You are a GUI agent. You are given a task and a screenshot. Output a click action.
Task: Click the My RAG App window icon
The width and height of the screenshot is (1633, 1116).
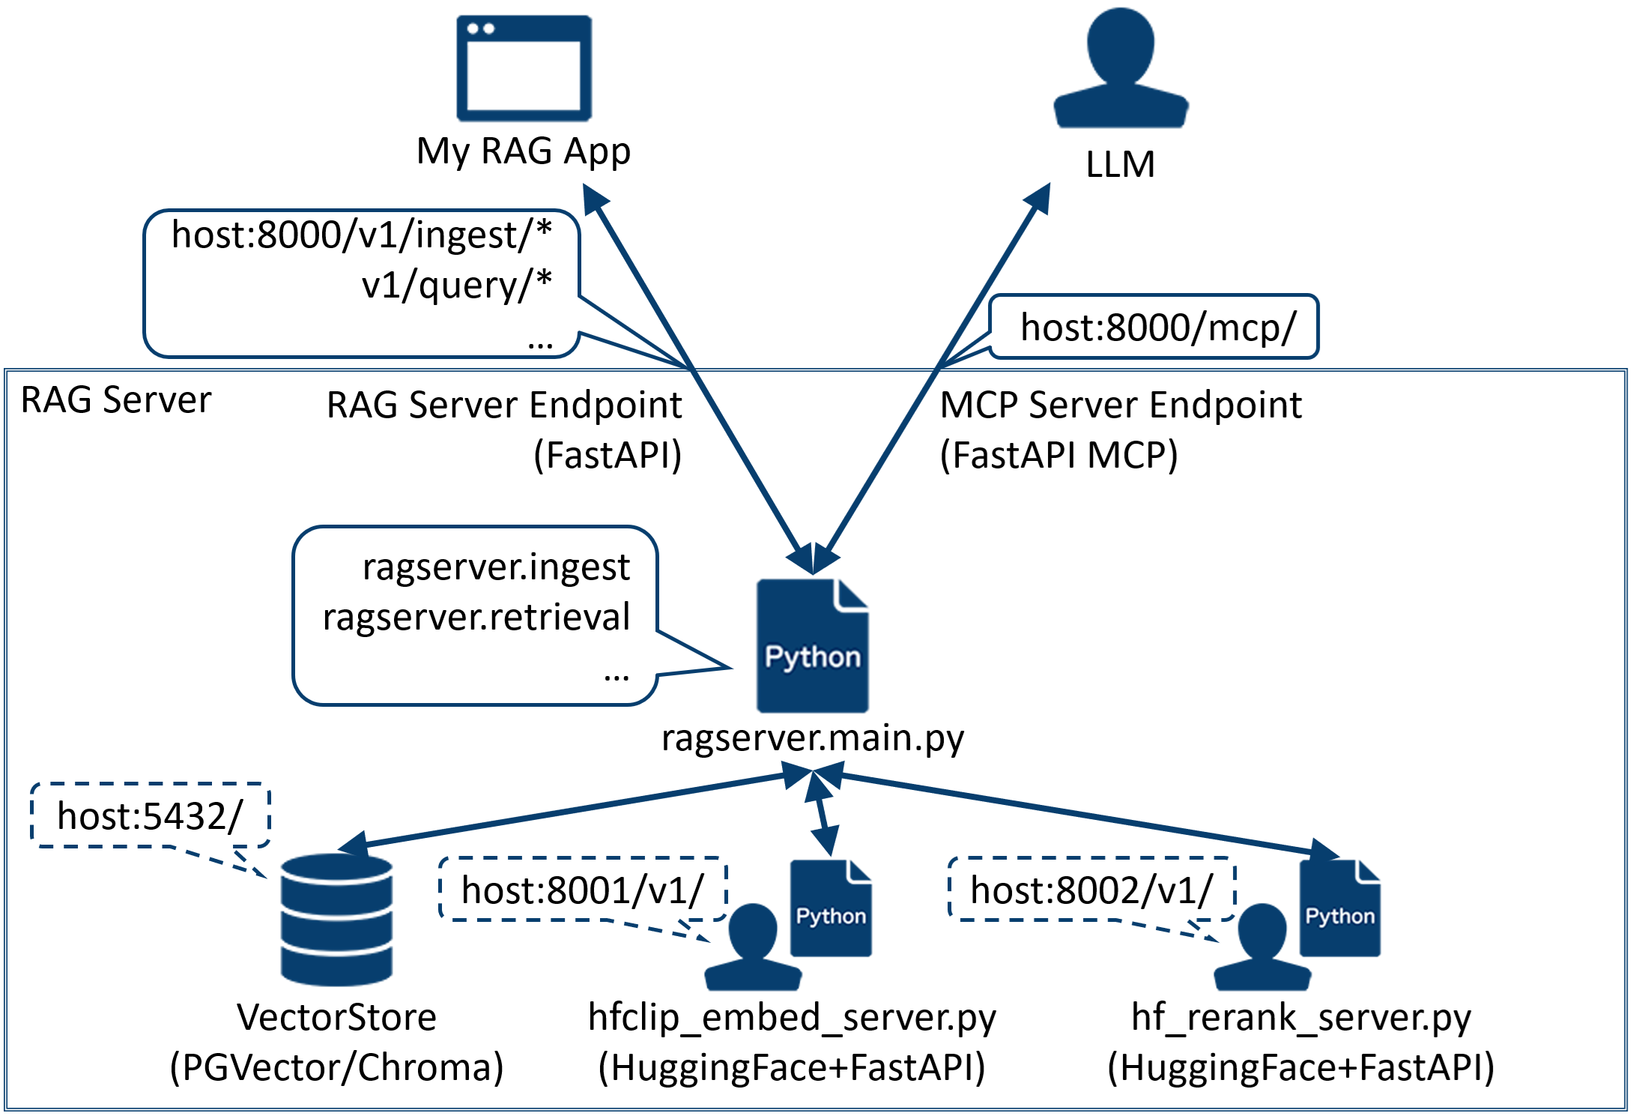pos(524,68)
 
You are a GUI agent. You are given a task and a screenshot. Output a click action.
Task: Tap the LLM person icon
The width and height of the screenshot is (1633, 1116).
pos(1121,69)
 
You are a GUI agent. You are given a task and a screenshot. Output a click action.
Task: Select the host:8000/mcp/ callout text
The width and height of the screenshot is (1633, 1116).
pos(1157,328)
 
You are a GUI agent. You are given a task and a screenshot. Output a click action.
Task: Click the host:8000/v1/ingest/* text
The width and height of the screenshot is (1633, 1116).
pos(362,235)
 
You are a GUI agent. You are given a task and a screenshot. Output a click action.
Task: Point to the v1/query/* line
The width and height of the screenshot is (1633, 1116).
pos(456,285)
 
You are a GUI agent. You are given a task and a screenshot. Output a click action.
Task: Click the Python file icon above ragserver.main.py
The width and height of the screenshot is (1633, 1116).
pos(813,645)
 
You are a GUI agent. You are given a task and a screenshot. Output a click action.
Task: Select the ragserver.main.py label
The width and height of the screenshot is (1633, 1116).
pos(813,738)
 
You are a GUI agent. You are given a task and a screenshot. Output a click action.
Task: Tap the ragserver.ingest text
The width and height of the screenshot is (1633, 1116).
pos(496,567)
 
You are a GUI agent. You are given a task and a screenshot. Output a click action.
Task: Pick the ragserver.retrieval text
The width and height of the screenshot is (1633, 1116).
pos(476,617)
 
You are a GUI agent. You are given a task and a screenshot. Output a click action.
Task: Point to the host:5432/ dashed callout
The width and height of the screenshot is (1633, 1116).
pos(150,815)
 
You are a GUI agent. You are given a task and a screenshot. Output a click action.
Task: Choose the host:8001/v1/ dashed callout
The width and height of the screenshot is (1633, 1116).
pos(582,890)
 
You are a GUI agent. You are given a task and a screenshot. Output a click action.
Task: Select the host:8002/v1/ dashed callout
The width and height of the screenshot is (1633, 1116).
pos(1091,890)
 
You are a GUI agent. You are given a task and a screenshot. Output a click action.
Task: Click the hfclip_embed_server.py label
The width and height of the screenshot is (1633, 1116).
pos(792,1017)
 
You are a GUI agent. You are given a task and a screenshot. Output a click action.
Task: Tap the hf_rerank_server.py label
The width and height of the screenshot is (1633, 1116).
pos(1301,1017)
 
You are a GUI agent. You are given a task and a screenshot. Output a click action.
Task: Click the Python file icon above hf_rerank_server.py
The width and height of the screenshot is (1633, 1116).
pos(1340,908)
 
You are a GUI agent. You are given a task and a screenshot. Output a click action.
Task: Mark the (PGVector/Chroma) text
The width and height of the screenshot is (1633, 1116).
pos(336,1067)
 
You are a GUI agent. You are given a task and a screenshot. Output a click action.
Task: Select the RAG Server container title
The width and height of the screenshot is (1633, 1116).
pos(116,399)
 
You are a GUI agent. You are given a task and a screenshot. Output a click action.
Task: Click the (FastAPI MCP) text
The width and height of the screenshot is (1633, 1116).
pos(1058,455)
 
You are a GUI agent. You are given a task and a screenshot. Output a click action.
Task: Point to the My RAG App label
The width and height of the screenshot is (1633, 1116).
pos(524,151)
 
